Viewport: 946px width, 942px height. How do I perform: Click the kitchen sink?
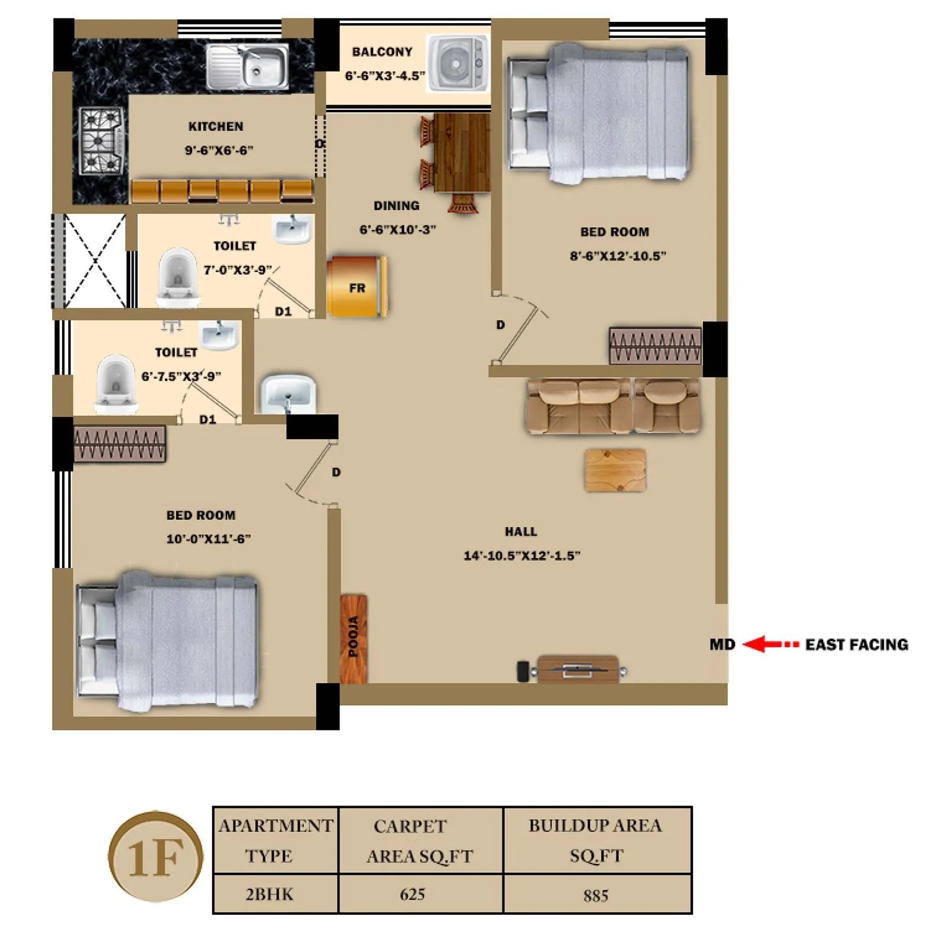248,66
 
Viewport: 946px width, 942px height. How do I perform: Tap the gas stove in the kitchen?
102,141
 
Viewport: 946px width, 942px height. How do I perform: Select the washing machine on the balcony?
457,63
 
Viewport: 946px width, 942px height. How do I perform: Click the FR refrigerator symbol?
357,287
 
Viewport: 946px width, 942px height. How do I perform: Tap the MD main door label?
722,644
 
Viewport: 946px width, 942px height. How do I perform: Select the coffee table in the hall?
615,470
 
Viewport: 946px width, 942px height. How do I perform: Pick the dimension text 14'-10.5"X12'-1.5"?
521,556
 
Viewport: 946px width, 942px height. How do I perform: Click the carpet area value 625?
412,894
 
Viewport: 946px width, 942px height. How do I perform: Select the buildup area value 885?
595,895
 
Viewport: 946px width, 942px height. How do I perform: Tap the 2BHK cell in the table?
269,894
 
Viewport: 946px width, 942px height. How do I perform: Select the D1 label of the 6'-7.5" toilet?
207,419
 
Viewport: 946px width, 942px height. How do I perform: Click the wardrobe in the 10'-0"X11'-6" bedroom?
119,444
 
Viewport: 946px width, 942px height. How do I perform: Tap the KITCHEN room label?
216,126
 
